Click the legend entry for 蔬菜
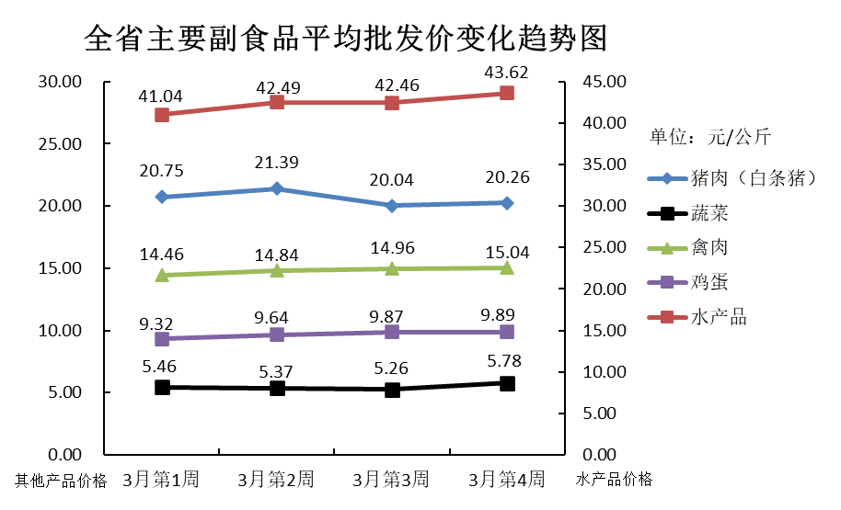point(709,213)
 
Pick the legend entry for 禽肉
point(709,247)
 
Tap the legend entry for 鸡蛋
point(709,282)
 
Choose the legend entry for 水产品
point(719,317)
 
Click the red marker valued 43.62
point(507,93)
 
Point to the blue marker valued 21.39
point(277,188)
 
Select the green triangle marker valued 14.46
point(162,275)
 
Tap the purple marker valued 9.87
point(392,332)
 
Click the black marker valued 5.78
point(507,383)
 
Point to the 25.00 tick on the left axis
point(60,144)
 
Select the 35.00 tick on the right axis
point(604,164)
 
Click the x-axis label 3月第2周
point(276,479)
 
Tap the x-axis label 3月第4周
point(507,479)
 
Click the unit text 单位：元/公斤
point(710,139)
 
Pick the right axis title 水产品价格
point(614,479)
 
